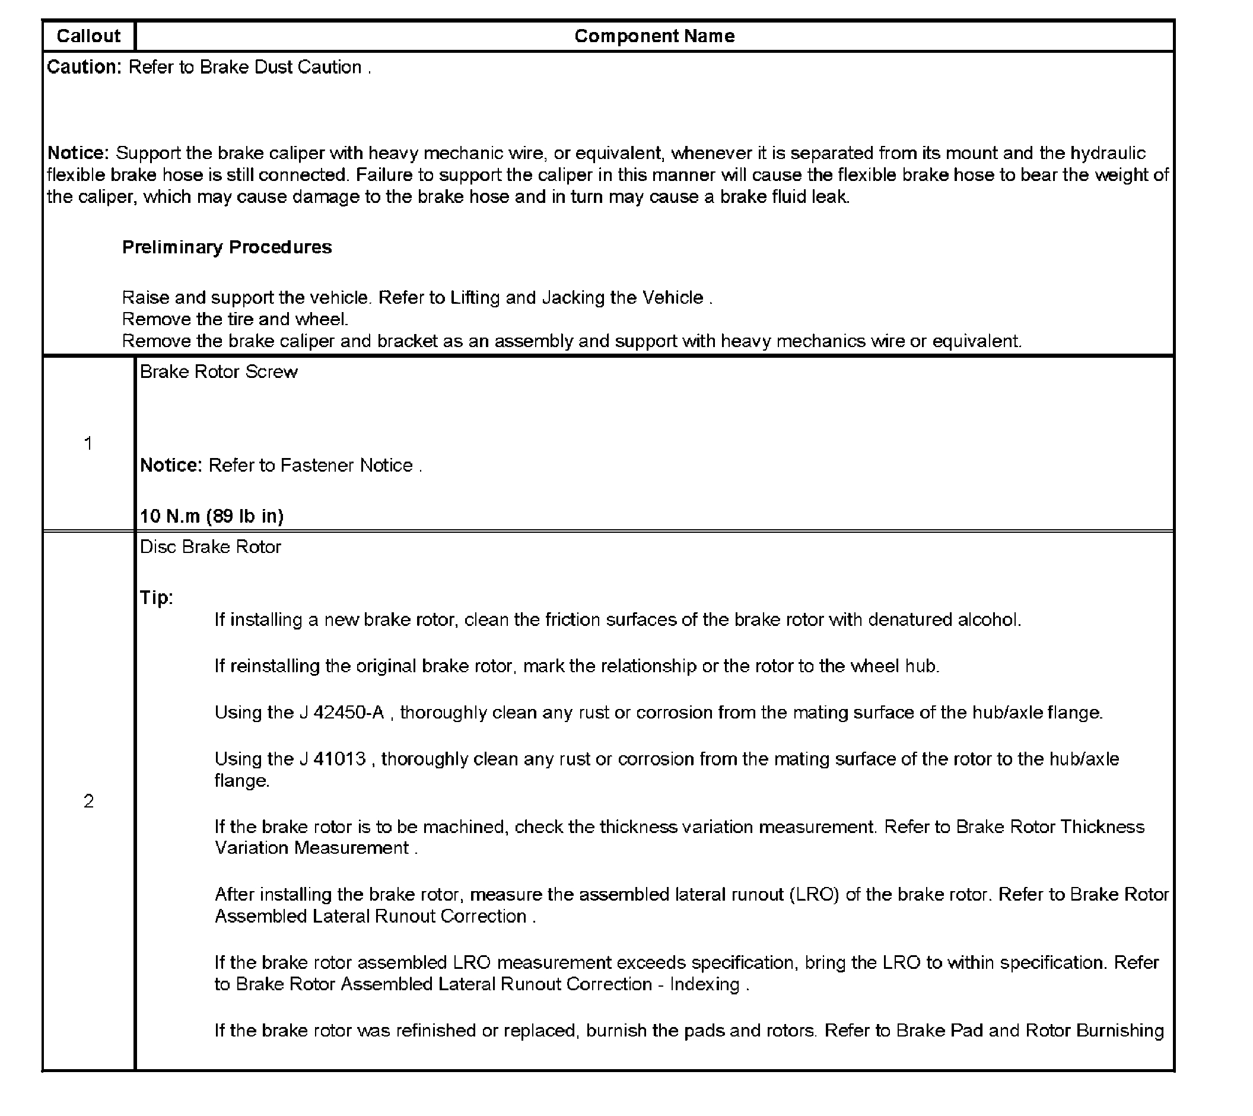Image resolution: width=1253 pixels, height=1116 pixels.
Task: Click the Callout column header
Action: tap(88, 36)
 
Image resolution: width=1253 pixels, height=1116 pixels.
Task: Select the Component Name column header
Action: tap(654, 36)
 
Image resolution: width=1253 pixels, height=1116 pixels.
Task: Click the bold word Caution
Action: tap(84, 67)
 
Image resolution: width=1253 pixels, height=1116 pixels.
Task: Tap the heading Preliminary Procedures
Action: tap(227, 247)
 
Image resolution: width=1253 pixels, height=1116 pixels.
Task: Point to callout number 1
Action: tap(88, 443)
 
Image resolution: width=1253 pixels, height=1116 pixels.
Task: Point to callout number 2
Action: tap(88, 801)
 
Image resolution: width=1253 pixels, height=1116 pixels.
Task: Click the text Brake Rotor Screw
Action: tap(219, 371)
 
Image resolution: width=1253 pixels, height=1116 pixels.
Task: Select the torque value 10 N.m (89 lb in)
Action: tap(211, 516)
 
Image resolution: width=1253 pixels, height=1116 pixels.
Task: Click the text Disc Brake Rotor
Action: tap(210, 547)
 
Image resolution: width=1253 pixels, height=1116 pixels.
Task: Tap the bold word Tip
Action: tap(156, 597)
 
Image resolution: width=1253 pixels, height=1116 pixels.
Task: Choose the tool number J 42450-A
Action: tap(342, 713)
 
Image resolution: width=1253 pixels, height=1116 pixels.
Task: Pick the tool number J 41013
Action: tap(333, 759)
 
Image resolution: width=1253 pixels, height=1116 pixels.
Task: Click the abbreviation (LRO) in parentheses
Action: tap(813, 895)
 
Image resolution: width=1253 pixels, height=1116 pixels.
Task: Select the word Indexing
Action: tap(704, 984)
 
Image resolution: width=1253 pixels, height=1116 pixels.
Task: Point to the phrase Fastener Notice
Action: tap(346, 465)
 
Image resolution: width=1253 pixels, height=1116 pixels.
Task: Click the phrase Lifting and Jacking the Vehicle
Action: tap(577, 298)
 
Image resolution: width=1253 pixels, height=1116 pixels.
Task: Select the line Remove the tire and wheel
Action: tap(235, 319)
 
